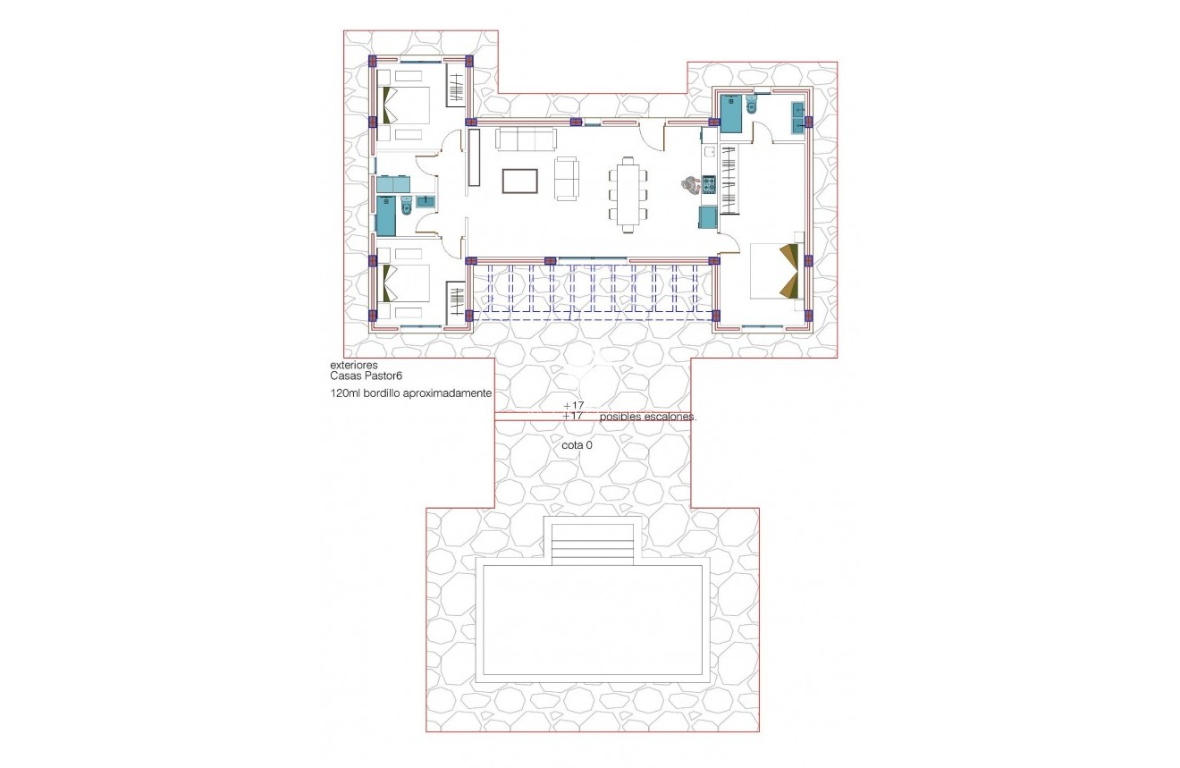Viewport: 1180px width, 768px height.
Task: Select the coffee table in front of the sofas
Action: tap(520, 181)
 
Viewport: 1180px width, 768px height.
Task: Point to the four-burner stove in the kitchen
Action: tap(709, 184)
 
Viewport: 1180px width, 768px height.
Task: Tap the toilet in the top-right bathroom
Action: tap(750, 106)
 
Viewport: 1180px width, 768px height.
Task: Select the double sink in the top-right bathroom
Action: tap(797, 117)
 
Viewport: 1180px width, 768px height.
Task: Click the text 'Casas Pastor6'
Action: tap(367, 376)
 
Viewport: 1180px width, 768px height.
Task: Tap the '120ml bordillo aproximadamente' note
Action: tap(411, 392)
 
